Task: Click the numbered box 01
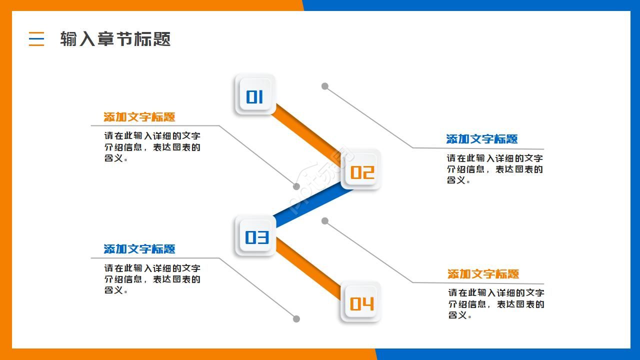255,95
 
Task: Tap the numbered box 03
255,236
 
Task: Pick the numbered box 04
361,303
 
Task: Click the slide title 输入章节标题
115,39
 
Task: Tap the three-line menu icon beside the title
36,38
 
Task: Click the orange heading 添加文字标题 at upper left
139,117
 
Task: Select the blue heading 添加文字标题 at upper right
482,139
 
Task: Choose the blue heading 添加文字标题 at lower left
139,249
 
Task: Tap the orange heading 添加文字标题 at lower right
483,274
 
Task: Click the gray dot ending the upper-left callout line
296,186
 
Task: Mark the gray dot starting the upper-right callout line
325,86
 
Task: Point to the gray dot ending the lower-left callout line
296,319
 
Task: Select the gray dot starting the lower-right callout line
325,221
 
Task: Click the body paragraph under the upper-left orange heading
152,147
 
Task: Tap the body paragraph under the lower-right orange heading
495,303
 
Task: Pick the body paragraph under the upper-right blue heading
494,169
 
